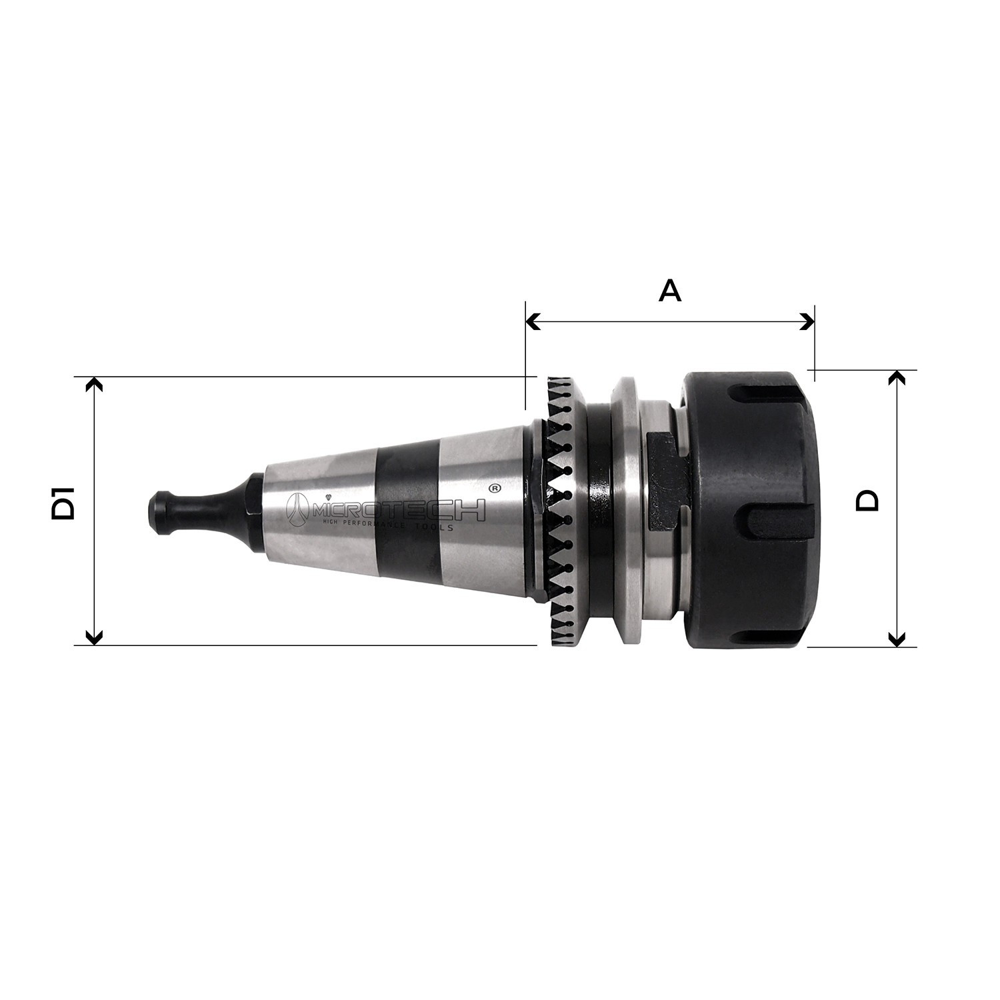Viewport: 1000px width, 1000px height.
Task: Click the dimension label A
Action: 670,291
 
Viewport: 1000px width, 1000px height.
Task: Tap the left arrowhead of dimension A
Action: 533,322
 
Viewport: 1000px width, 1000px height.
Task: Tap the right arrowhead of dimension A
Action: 807,322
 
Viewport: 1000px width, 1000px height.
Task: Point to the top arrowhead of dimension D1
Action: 95,385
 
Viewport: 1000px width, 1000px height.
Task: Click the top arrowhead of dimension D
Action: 897,378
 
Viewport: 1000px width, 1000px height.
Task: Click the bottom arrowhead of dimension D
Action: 897,639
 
